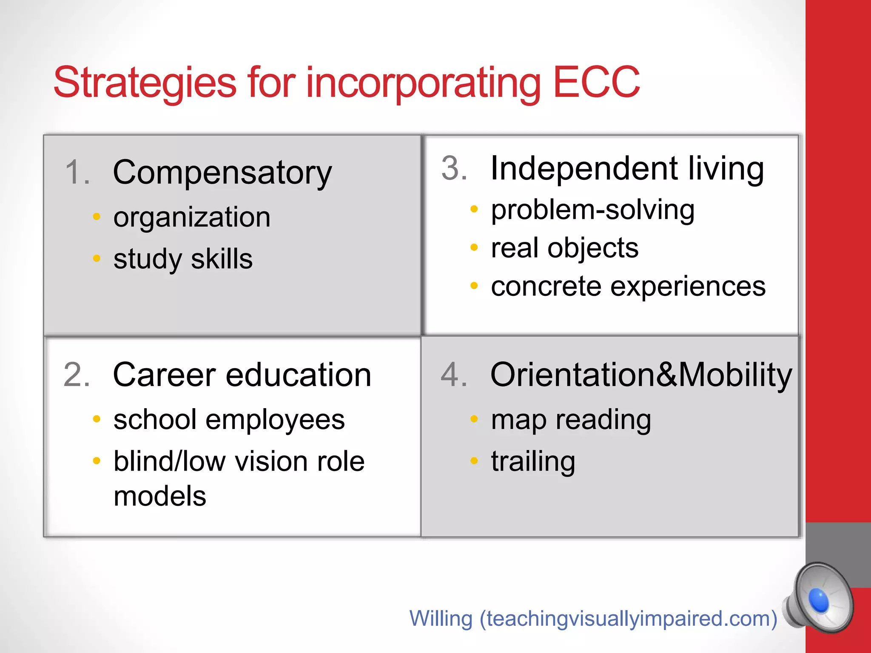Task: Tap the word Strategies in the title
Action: (145, 82)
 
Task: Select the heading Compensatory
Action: (222, 173)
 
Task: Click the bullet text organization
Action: (192, 217)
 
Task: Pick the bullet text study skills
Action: (183, 259)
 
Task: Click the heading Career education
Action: (242, 375)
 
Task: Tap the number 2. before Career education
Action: (77, 375)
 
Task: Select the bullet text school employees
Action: (229, 420)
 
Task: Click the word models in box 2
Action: (160, 496)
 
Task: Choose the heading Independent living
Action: (627, 169)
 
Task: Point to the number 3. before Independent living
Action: (454, 168)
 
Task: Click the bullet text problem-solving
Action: (592, 210)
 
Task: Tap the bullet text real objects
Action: (564, 248)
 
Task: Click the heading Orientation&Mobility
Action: (641, 375)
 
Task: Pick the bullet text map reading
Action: (571, 420)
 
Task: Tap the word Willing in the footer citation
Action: (441, 619)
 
